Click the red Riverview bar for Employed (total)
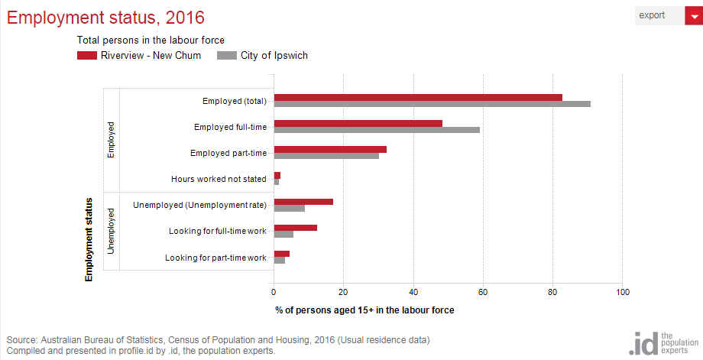point(418,97)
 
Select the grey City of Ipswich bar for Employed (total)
point(432,104)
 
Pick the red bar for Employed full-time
point(358,123)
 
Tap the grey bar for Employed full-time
point(377,130)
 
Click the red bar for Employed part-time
point(330,149)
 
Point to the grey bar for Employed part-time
point(326,156)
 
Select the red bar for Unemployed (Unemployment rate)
point(303,202)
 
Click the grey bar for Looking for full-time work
point(283,234)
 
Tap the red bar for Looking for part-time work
point(281,254)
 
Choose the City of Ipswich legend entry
point(263,55)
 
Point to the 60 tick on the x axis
point(483,291)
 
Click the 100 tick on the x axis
point(623,291)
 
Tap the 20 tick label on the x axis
point(343,291)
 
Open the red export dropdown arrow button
point(694,15)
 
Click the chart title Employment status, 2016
point(105,17)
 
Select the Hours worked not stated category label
point(219,179)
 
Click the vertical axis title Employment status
point(89,239)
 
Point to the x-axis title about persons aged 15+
point(364,310)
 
